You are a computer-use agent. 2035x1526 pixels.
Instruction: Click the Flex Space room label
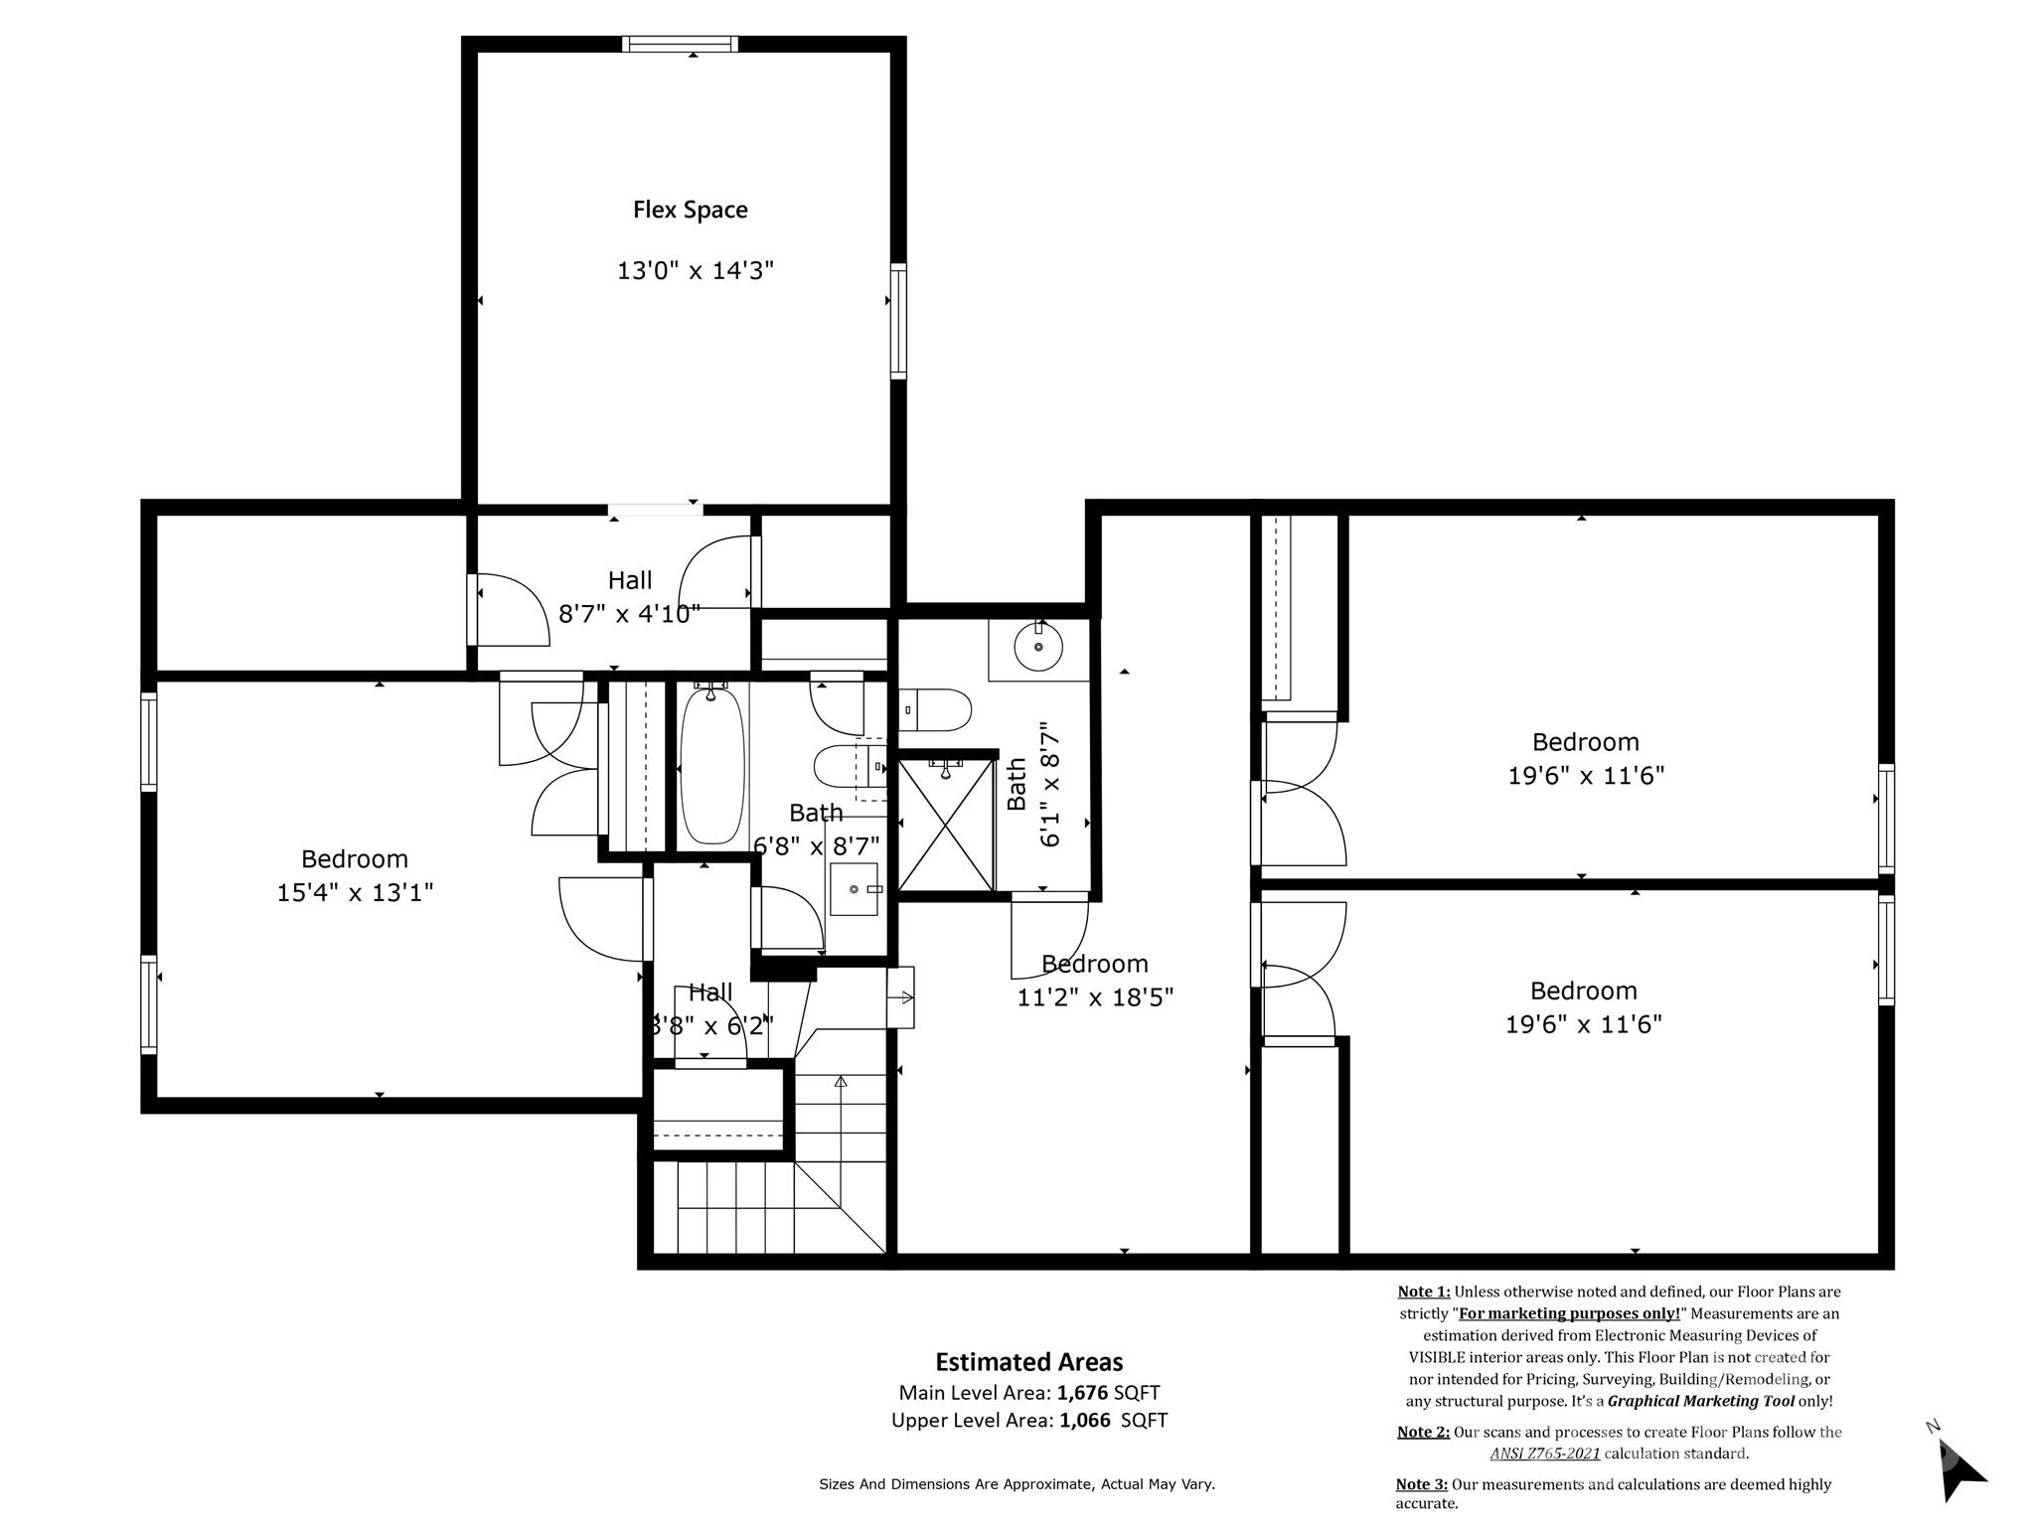[x=690, y=210]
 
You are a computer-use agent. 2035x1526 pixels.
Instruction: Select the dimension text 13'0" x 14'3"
[x=695, y=270]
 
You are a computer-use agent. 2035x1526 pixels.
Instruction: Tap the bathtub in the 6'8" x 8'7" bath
[x=711, y=765]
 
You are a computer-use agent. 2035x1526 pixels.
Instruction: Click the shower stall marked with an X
[x=945, y=825]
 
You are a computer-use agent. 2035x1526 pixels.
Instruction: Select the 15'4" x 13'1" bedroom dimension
[x=355, y=892]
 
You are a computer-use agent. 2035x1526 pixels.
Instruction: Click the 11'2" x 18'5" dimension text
[x=1095, y=996]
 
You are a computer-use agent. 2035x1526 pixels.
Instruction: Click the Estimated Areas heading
[x=1028, y=1362]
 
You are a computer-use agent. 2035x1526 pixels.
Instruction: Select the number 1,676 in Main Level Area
[x=1082, y=1393]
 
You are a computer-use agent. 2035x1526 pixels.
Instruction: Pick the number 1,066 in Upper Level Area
[x=1084, y=1421]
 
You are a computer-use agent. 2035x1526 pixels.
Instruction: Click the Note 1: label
[x=1423, y=1292]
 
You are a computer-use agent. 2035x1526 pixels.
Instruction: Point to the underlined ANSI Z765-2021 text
[x=1544, y=1453]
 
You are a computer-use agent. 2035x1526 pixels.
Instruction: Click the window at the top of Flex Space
[x=680, y=44]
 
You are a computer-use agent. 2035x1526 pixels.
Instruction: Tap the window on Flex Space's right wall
[x=898, y=320]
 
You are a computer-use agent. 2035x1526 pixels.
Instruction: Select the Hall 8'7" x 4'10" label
[x=629, y=597]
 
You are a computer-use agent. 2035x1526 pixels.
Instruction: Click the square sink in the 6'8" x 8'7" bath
[x=855, y=889]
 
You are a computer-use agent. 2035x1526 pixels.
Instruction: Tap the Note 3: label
[x=1421, y=1484]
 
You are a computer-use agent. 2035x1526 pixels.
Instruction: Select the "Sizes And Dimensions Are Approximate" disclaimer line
[x=1016, y=1484]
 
